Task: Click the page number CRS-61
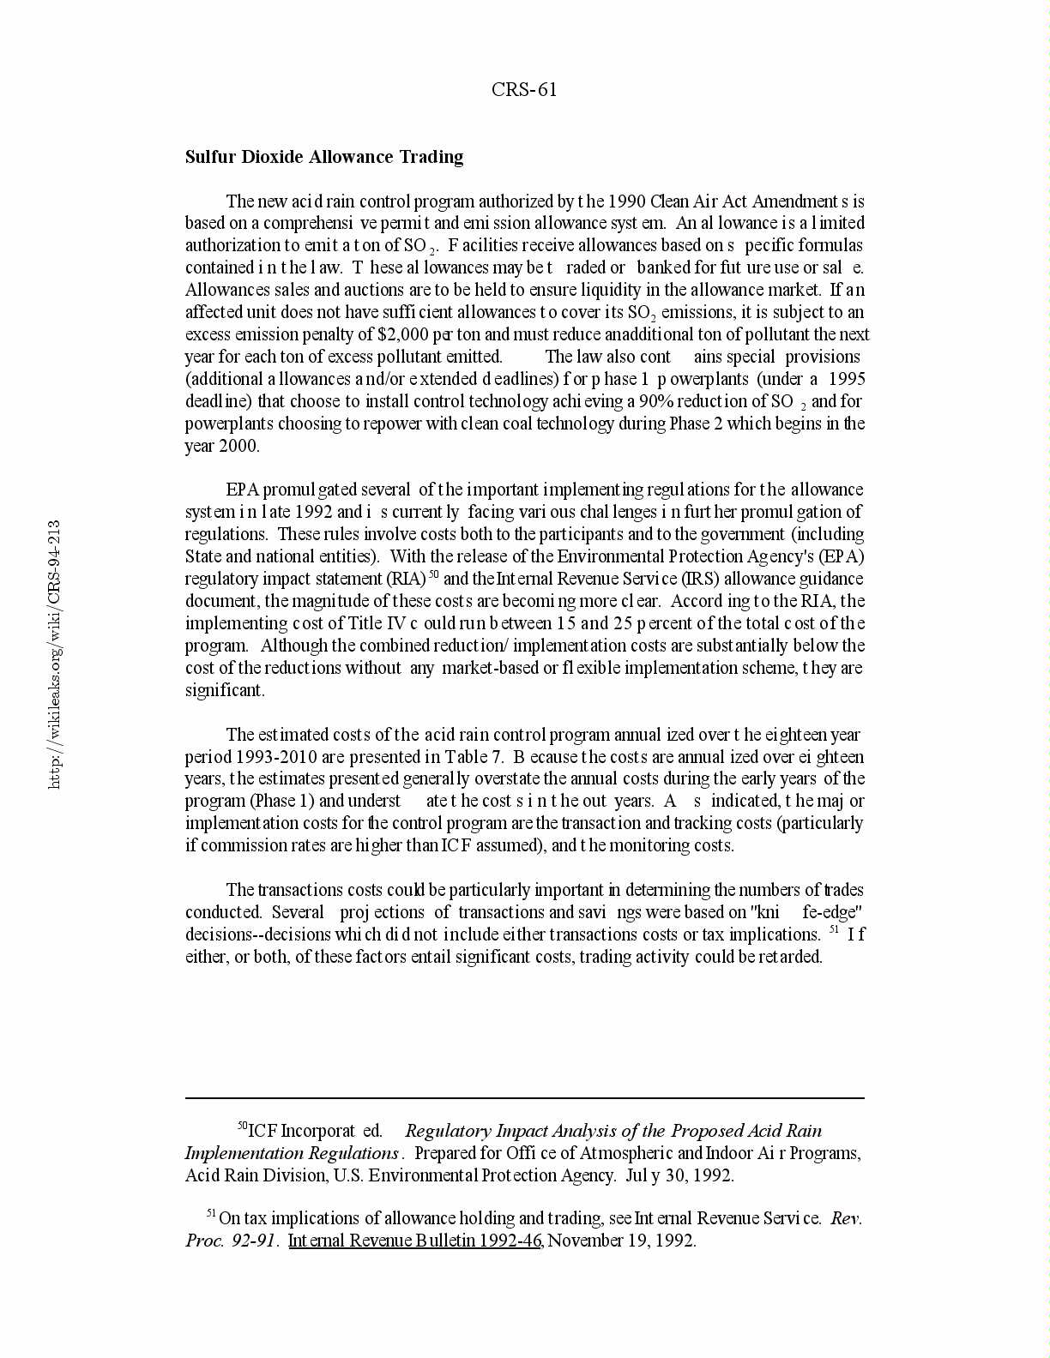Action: tap(524, 90)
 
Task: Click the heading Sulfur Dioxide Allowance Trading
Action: tap(324, 157)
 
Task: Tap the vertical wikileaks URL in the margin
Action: tap(53, 653)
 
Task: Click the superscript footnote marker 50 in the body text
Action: tap(434, 574)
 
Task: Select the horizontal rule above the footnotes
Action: tap(524, 1097)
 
